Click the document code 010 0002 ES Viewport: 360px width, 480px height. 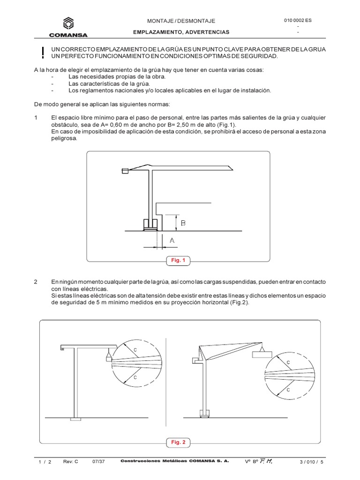[298, 20]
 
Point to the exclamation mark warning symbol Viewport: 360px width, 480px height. [43, 53]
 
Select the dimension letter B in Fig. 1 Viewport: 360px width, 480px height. [183, 224]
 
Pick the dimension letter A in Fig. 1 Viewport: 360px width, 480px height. [172, 240]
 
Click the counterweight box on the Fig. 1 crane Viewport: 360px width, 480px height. [125, 172]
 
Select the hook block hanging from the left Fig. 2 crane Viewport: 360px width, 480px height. [109, 359]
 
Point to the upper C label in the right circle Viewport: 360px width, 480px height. [288, 362]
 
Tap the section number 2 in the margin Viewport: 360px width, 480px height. [36, 282]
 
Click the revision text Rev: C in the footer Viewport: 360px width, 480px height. [70, 461]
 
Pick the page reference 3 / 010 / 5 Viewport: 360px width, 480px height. [312, 461]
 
